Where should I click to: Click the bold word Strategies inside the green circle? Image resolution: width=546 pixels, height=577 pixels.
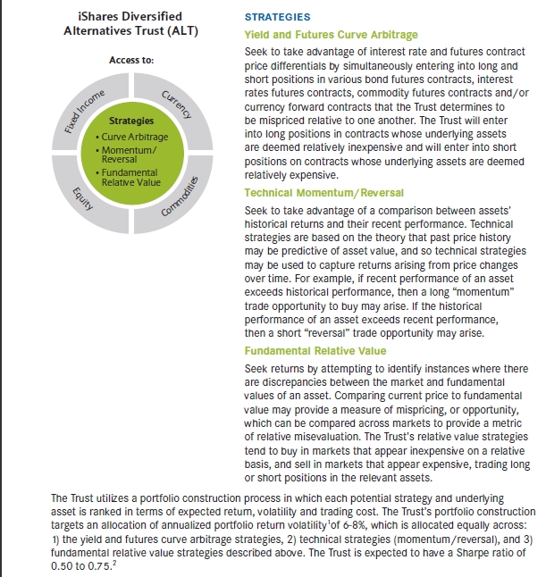click(131, 121)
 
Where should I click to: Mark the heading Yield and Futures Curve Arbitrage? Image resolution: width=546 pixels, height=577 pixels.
click(331, 35)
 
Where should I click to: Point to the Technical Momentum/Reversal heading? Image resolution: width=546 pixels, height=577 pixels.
click(323, 193)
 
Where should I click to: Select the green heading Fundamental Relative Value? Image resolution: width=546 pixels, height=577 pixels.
click(318, 351)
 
